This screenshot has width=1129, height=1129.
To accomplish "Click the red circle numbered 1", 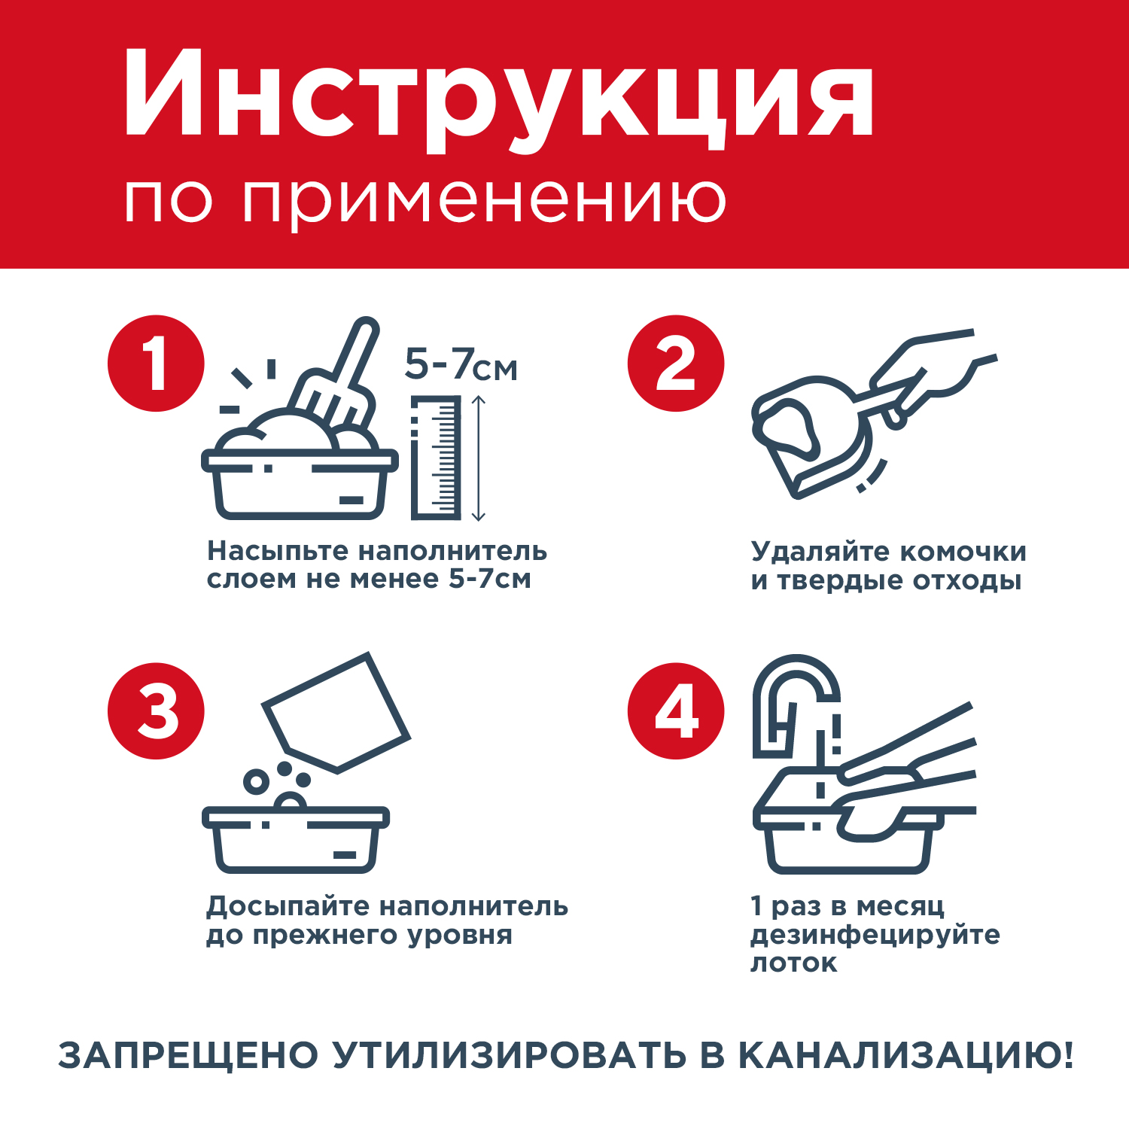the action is pos(156,364).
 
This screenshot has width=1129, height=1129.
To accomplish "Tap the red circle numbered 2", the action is pos(676,364).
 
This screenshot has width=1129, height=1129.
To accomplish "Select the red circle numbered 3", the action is pos(156,711).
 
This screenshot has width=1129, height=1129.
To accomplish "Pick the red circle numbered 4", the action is pos(676,711).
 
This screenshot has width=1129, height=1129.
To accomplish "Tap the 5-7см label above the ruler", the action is pos(461,365).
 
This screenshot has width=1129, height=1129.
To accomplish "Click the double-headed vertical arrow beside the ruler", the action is pos(479,458).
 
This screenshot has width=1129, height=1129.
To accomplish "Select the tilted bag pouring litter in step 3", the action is pos(336,712).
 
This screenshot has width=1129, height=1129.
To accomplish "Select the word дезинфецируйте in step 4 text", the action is pos(875,936).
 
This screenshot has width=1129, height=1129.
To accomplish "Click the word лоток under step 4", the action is pos(793,963).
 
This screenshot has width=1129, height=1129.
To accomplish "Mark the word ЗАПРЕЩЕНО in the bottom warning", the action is pos(188,1055).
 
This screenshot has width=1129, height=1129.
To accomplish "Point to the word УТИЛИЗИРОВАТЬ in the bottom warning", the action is pos(510,1055).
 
